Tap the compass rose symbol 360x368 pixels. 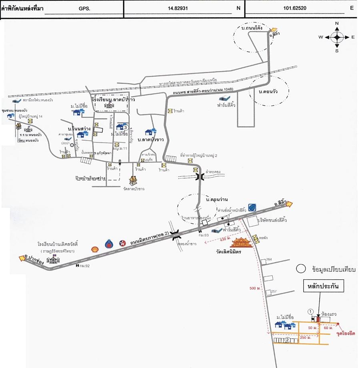[x=337, y=37]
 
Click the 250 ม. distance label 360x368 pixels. [x=306, y=338]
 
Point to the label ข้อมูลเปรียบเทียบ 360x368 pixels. [x=330, y=270]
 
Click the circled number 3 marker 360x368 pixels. [x=125, y=127]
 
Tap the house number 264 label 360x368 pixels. [x=269, y=259]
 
